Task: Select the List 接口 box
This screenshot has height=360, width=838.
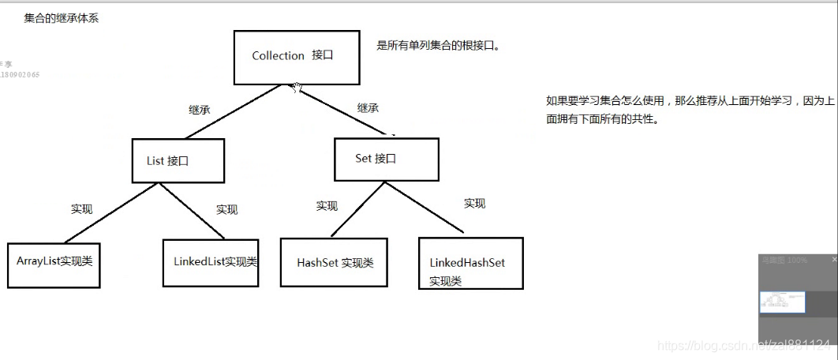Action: tap(178, 161)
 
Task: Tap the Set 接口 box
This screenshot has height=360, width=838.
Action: tap(385, 159)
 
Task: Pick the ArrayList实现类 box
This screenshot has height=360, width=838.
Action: tap(54, 264)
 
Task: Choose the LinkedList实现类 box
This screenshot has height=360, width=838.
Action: tap(211, 262)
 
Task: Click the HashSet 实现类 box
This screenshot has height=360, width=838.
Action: tap(334, 263)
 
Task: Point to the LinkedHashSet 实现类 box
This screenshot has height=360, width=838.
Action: tap(470, 263)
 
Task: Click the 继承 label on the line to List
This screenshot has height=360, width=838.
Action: tap(199, 110)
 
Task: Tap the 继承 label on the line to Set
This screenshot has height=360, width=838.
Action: tap(368, 107)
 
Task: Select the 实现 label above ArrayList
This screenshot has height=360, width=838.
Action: tap(81, 209)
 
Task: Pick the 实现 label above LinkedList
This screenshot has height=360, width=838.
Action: tap(226, 209)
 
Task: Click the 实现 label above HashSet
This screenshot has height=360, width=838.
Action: tap(327, 206)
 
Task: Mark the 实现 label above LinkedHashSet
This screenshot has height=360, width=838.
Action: tap(474, 204)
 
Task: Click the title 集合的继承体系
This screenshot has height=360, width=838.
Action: tap(61, 18)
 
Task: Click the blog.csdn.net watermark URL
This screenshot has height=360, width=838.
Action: tap(742, 346)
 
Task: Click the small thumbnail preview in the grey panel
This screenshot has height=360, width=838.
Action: tap(781, 302)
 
